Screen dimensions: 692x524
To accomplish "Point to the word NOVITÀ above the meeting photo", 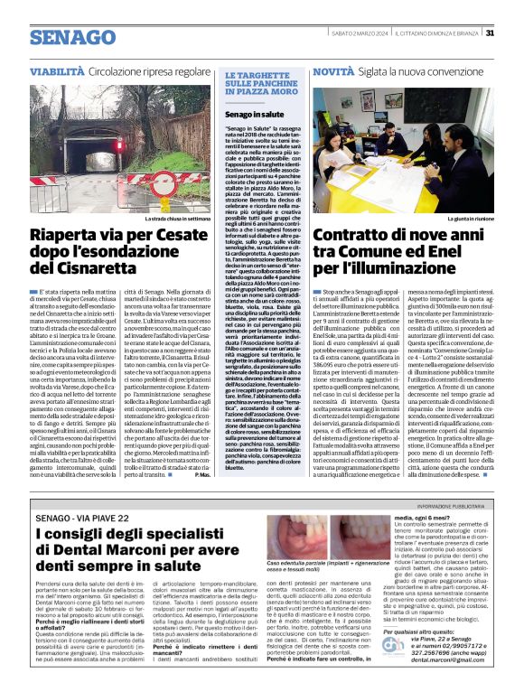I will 333,70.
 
